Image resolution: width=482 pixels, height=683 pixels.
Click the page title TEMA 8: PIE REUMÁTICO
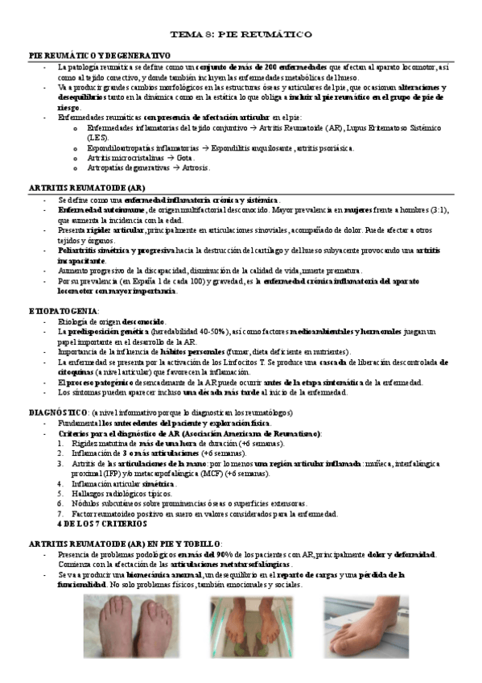coord(241,35)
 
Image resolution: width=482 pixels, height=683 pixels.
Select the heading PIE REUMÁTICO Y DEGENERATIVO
coord(100,54)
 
